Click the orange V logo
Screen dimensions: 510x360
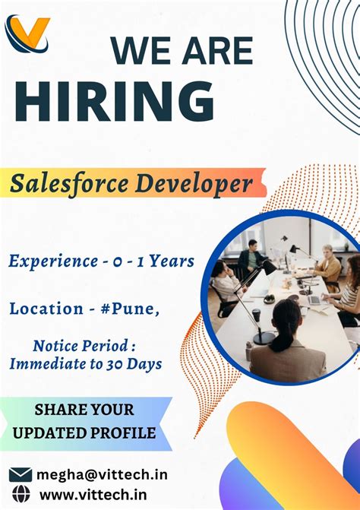[x=27, y=34]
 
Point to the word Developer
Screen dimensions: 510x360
[x=199, y=183]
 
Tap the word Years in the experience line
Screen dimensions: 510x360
[x=171, y=261]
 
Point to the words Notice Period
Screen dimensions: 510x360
[x=85, y=347]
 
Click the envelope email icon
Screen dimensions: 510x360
[x=21, y=475]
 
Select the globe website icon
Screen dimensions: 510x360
[x=21, y=494]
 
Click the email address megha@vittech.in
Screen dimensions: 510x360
[x=103, y=475]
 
